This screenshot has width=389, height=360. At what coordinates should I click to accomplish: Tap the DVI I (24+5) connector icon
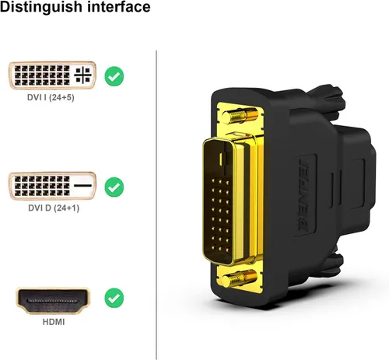pyautogui.click(x=52, y=76)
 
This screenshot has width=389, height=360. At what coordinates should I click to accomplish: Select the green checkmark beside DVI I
pyautogui.click(x=114, y=76)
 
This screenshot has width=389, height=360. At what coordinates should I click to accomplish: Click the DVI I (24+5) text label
pyautogui.click(x=52, y=98)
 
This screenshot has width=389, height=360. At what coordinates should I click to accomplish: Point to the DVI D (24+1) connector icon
pyautogui.click(x=52, y=187)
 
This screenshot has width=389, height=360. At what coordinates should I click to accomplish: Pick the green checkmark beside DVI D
pyautogui.click(x=114, y=187)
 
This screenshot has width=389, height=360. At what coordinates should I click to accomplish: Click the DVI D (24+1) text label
pyautogui.click(x=52, y=208)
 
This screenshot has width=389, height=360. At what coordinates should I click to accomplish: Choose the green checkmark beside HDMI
pyautogui.click(x=114, y=298)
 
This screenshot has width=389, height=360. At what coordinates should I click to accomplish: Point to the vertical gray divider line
pyautogui.click(x=156, y=202)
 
